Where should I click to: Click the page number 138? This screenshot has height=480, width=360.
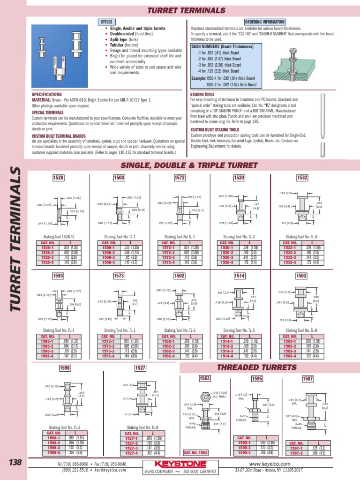coord(15,463)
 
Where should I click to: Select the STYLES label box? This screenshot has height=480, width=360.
coord(106,22)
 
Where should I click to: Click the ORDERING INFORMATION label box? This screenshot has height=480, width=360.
coord(265,22)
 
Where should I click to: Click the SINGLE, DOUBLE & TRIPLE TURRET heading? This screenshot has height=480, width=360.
coord(189,165)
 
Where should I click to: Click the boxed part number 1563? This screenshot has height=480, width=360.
coord(205,378)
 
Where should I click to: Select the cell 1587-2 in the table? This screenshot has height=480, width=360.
coord(296,453)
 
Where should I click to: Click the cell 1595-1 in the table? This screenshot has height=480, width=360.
coord(244,442)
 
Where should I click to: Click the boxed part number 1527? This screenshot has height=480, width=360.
coord(140,368)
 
